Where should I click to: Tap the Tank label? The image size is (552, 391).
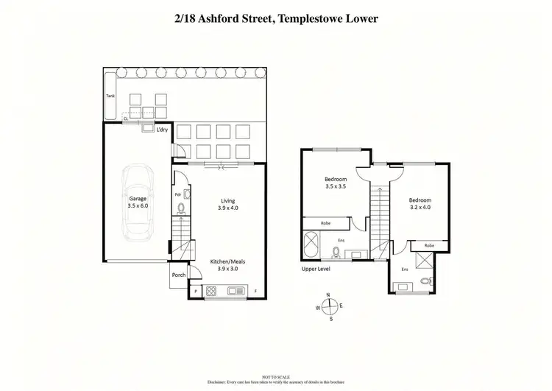[110, 96]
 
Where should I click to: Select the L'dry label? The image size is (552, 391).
[163, 130]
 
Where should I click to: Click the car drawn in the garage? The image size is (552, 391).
[138, 202]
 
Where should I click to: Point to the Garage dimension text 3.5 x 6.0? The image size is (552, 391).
[138, 207]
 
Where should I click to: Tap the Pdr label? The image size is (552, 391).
[178, 194]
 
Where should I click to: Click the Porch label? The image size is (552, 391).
[178, 275]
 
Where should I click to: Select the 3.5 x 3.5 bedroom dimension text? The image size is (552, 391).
[336, 187]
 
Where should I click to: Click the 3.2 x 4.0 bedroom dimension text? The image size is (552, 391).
[420, 208]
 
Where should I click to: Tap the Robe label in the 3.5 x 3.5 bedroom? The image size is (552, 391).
[325, 223]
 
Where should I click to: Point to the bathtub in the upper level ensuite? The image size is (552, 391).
[310, 244]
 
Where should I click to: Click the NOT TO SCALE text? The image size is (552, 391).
[276, 376]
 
